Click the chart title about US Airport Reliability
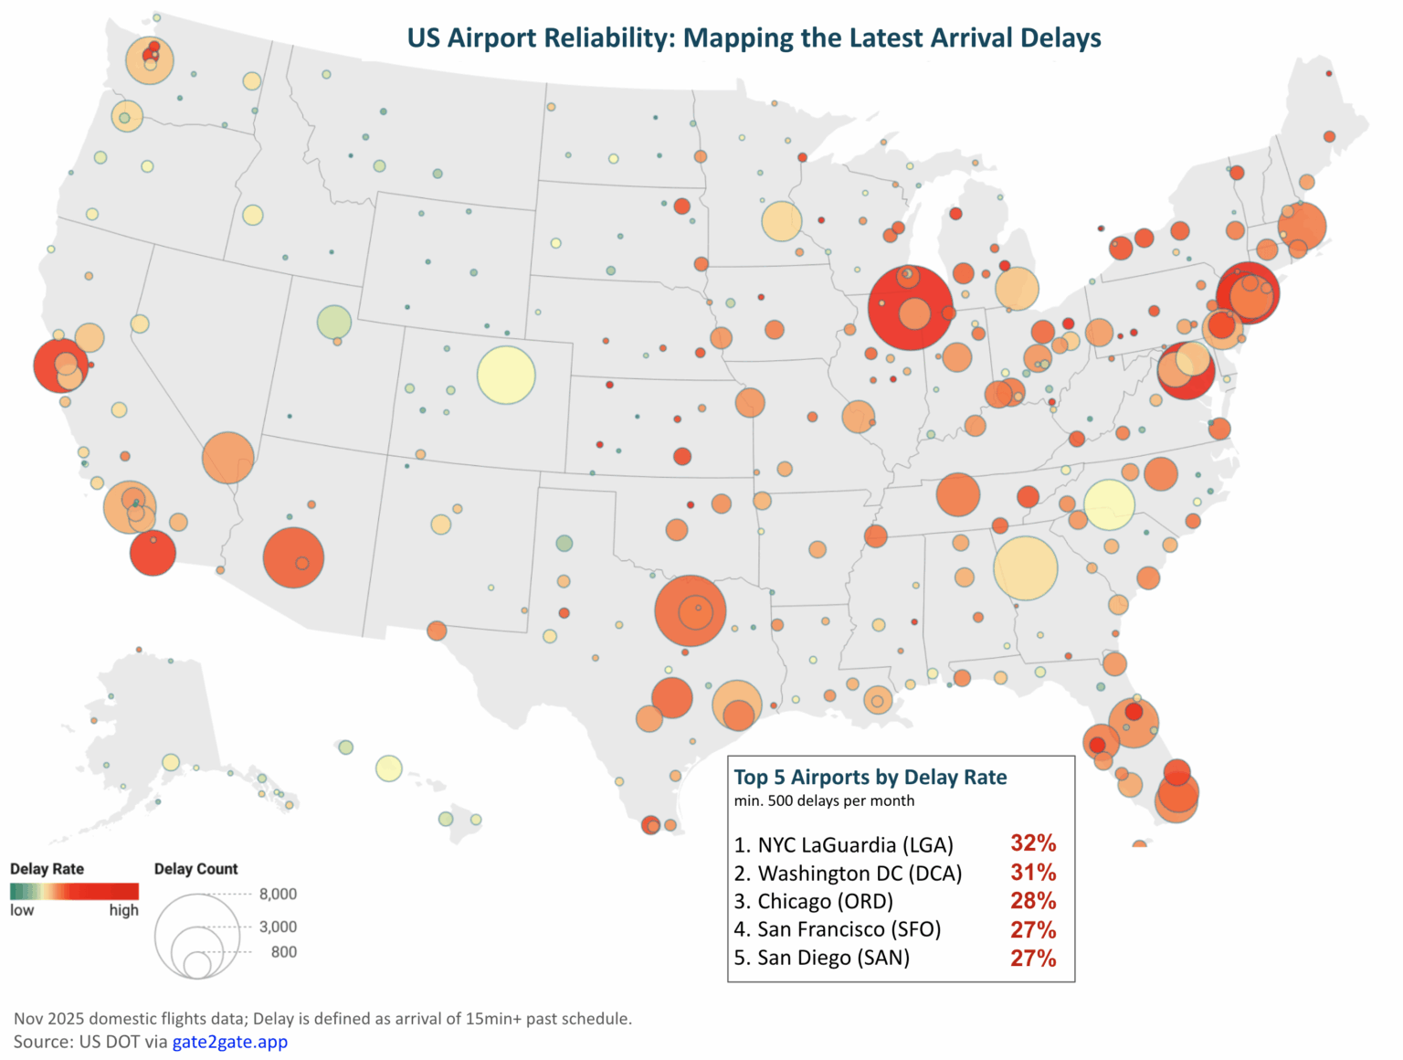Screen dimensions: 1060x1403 tap(754, 38)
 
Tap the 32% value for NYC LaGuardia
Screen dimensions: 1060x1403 tap(1032, 843)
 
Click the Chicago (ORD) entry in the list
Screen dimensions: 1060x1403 tap(814, 902)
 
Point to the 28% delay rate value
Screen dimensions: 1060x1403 tap(1032, 901)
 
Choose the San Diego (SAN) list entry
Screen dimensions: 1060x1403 tap(822, 958)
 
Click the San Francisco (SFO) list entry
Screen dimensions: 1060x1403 tap(838, 929)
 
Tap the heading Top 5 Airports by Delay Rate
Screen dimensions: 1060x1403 tap(870, 778)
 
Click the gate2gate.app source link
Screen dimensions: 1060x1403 tap(229, 1042)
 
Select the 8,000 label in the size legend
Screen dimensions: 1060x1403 tap(278, 894)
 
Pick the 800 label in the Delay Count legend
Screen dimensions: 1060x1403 tap(283, 952)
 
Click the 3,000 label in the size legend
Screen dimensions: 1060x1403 tap(278, 927)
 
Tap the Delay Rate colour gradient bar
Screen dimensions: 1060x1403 tap(74, 891)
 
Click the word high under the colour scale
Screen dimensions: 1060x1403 tap(123, 910)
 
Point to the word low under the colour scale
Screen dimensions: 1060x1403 tap(22, 910)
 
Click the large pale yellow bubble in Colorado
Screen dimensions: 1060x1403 tap(506, 375)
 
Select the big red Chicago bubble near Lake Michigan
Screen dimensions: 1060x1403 tap(910, 307)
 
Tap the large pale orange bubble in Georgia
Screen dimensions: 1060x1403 tap(1025, 567)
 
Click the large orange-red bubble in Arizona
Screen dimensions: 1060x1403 tap(293, 557)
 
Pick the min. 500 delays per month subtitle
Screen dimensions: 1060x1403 tap(824, 801)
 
